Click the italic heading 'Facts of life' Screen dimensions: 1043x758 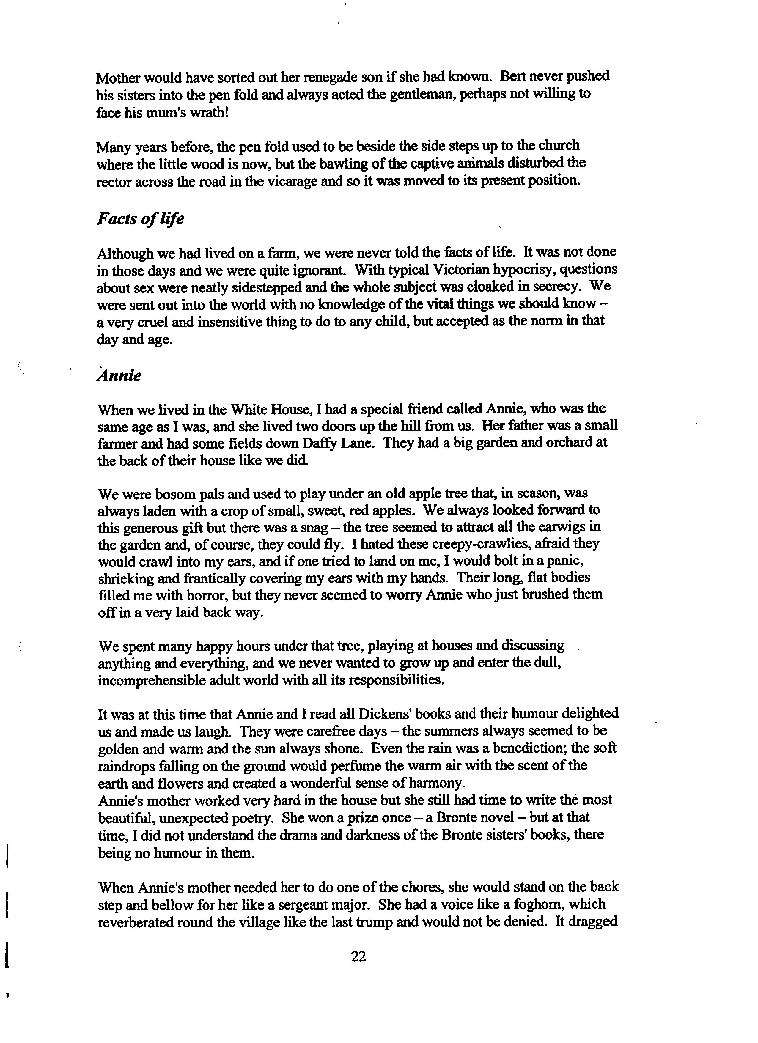140,218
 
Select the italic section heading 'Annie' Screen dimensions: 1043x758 119,376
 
